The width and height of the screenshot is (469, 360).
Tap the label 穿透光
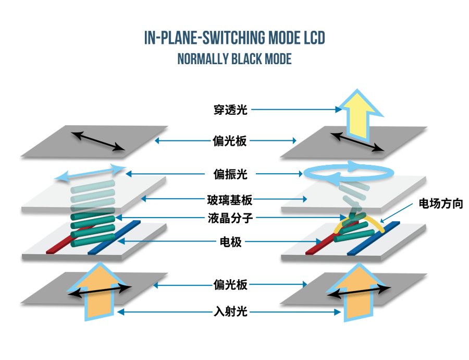coord(230,110)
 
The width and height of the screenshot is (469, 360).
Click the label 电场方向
coord(440,203)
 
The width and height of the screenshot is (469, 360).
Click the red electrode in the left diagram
coord(56,247)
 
